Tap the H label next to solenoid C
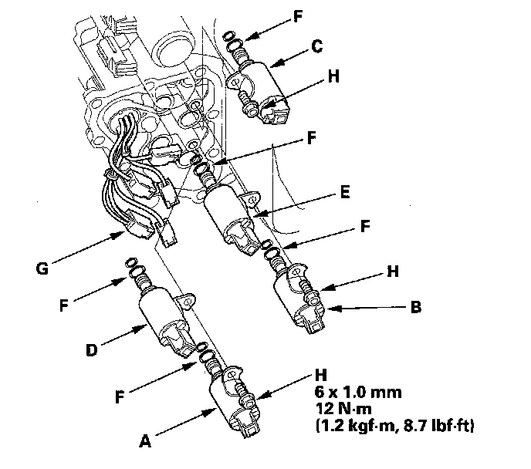333,77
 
